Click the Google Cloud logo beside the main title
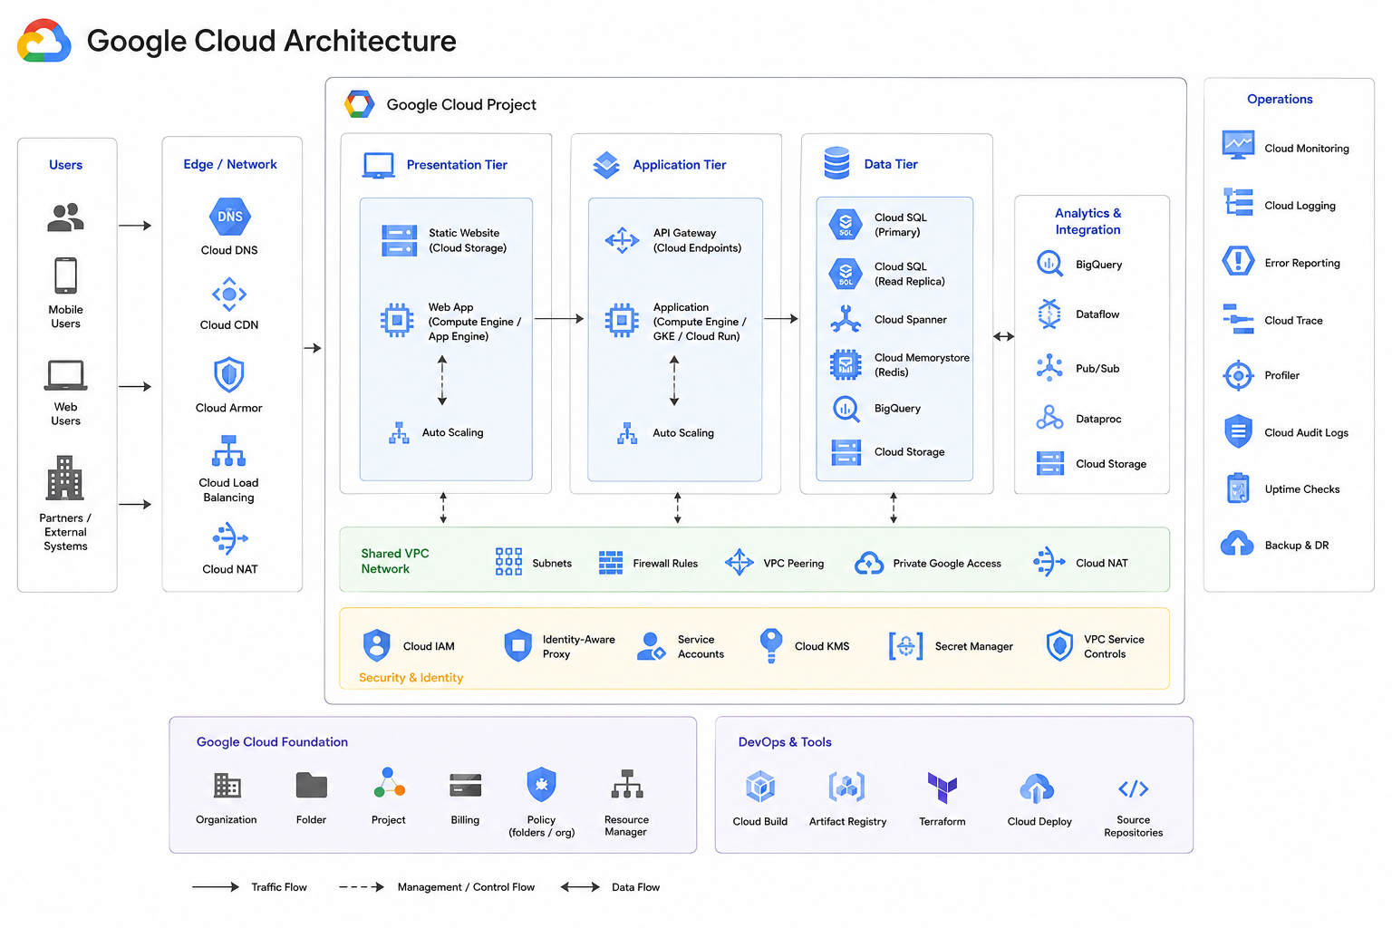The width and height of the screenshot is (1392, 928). [43, 41]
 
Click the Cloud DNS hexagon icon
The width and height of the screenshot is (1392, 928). [230, 217]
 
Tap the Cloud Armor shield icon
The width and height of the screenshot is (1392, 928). [228, 374]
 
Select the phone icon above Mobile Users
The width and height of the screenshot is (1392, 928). [65, 275]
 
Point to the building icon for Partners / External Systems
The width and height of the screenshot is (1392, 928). [64, 478]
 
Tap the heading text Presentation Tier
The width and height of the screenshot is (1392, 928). [457, 165]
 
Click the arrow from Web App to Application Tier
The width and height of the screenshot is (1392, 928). [559, 319]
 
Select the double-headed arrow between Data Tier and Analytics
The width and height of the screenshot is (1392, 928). [1003, 336]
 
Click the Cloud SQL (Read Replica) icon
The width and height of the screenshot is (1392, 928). [846, 274]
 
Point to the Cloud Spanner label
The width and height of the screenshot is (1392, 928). [911, 320]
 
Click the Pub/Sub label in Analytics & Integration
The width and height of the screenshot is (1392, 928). [1097, 369]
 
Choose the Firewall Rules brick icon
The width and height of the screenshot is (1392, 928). [610, 563]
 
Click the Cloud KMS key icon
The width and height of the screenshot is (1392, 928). [770, 645]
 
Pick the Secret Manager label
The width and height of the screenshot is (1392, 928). [974, 646]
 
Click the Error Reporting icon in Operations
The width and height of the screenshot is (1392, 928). [1238, 261]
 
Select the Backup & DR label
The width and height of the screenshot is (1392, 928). [1296, 546]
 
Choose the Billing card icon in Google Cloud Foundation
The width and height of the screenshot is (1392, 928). [465, 785]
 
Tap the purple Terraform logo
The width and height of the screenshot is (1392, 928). [942, 788]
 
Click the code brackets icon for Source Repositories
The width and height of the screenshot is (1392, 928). [1133, 788]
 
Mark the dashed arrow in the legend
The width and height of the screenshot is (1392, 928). [361, 887]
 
